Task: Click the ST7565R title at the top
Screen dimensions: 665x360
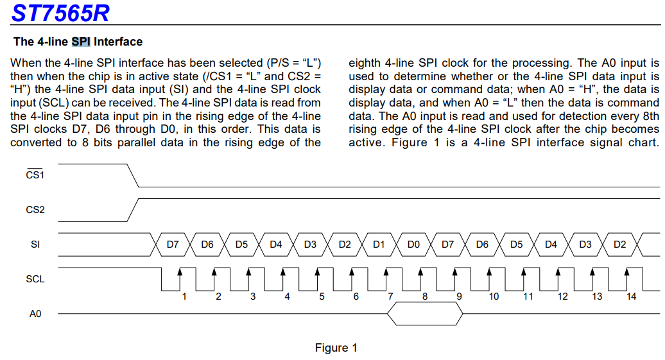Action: point(60,13)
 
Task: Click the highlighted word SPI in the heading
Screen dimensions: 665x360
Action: point(81,42)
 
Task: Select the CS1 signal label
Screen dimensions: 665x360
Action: point(35,174)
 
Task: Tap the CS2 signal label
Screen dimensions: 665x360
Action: point(35,209)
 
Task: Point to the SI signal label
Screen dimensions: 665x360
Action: point(35,244)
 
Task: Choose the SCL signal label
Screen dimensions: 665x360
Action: point(35,279)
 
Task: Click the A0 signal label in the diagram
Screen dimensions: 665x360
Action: point(35,314)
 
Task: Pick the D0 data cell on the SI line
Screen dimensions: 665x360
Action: point(413,244)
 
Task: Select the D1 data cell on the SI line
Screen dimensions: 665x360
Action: point(379,244)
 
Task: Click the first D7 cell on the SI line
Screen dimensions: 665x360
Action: point(173,244)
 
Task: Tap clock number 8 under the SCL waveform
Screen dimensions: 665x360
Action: point(424,296)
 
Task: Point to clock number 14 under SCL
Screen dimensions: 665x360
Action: point(631,296)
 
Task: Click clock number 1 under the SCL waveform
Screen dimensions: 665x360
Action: point(184,296)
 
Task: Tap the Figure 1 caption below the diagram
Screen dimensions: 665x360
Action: point(336,348)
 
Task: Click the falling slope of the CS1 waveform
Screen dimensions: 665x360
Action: point(133,175)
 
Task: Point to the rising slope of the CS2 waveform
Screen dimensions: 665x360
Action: point(133,210)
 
